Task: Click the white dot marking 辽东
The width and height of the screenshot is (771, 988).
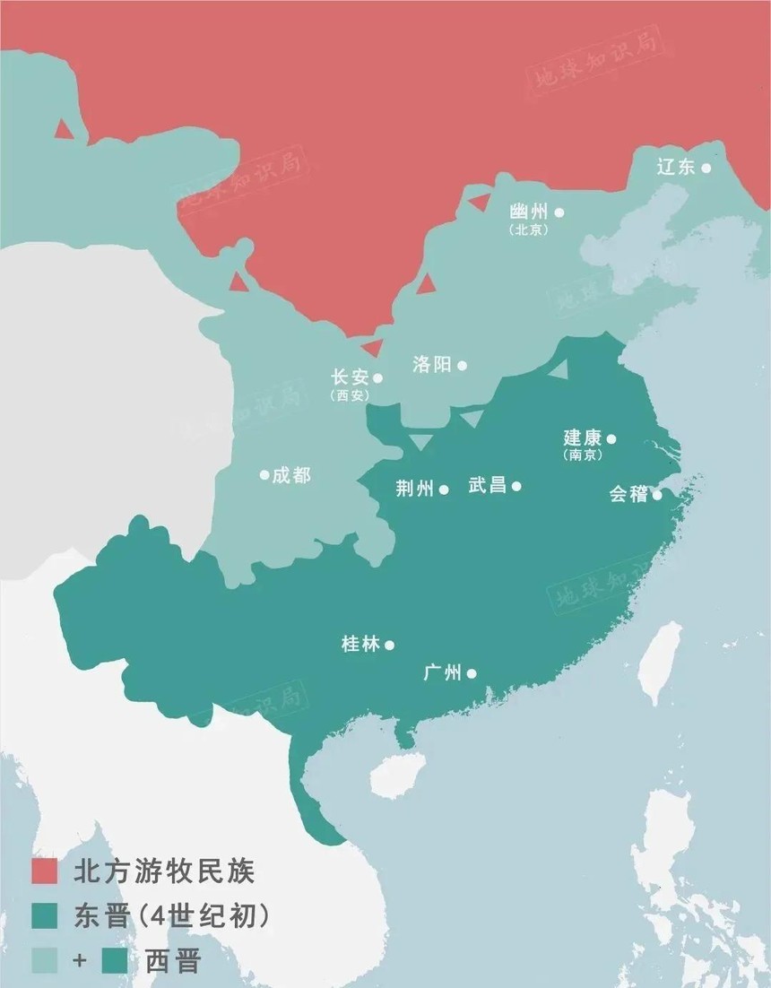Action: [x=706, y=168]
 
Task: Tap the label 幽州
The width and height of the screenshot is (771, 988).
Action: [x=527, y=212]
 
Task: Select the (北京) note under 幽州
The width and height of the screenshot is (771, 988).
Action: [x=528, y=230]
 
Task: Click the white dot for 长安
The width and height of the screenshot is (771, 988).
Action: [x=377, y=377]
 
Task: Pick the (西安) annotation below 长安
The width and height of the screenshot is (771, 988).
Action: [x=349, y=395]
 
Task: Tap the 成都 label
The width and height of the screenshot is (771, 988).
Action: [x=291, y=475]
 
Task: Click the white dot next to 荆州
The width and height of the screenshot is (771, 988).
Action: [x=444, y=490]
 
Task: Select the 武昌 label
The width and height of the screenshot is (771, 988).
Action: [x=487, y=486]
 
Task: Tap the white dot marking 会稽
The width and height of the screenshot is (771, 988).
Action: [x=657, y=494]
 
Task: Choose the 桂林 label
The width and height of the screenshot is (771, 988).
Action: [x=360, y=644]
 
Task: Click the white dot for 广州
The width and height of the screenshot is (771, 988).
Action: [x=472, y=673]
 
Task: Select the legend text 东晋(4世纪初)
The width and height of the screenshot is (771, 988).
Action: [x=170, y=915]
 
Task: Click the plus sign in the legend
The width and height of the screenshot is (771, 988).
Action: [x=80, y=961]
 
